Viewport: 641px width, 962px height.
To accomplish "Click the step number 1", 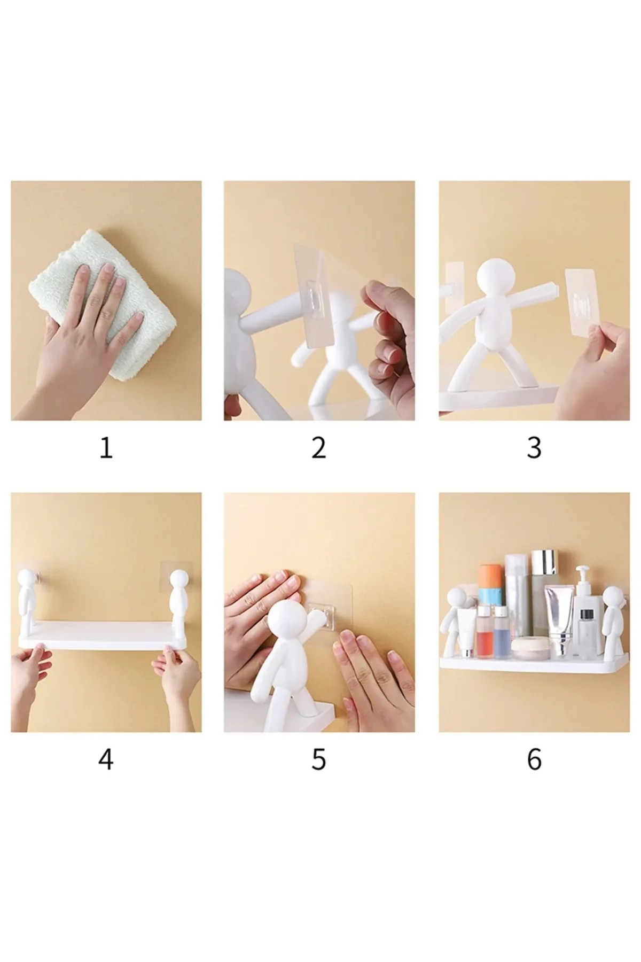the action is click(106, 448).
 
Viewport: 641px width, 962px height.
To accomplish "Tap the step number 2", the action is click(319, 448).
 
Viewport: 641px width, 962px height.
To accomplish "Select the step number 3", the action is click(534, 448).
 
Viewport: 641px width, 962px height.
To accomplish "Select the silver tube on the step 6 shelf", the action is click(558, 620).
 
